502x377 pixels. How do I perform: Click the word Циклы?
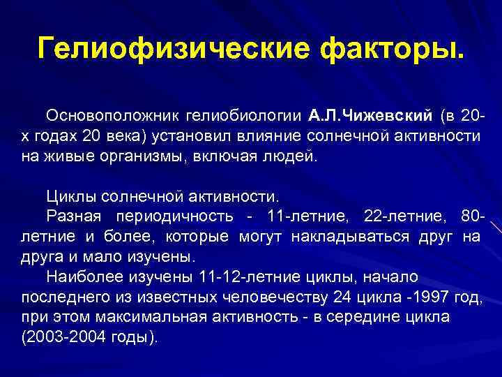67,195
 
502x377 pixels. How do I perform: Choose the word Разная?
70,216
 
